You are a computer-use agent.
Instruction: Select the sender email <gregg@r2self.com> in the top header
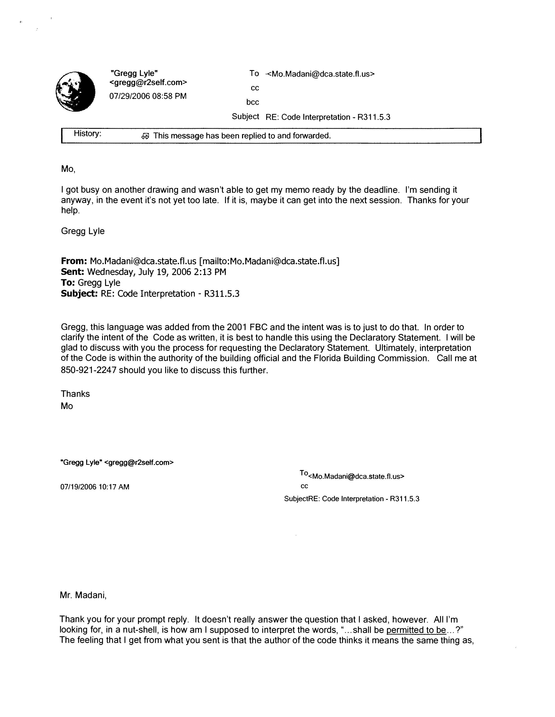tap(148, 83)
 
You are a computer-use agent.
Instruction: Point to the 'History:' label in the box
tap(87, 133)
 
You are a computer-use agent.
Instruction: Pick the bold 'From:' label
tap(74, 261)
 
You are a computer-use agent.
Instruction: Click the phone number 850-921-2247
tap(89, 370)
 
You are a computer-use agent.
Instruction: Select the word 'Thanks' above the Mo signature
tap(75, 394)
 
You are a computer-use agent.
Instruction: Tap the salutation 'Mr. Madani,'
tap(83, 595)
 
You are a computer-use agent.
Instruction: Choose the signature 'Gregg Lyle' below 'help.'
tap(83, 231)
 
